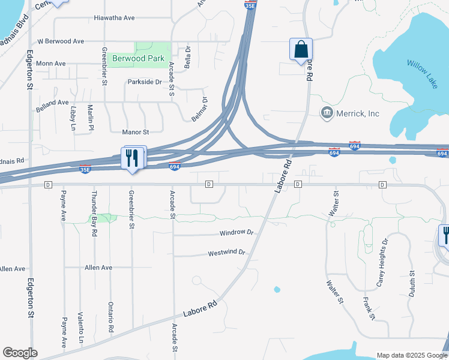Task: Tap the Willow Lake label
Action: (422, 74)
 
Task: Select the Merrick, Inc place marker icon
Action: (327, 113)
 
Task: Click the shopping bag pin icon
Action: (301, 50)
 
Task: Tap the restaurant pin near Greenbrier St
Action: (133, 158)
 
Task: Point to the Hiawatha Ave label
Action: (114, 18)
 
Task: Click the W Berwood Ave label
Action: (61, 41)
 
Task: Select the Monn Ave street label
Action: (51, 63)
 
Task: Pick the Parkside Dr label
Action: (145, 82)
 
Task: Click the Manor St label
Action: (135, 131)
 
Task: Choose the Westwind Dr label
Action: (227, 253)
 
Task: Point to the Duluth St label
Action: (412, 282)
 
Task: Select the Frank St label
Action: (369, 308)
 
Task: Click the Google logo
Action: (20, 353)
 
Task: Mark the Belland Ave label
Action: (53, 103)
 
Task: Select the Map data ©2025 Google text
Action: (411, 355)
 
